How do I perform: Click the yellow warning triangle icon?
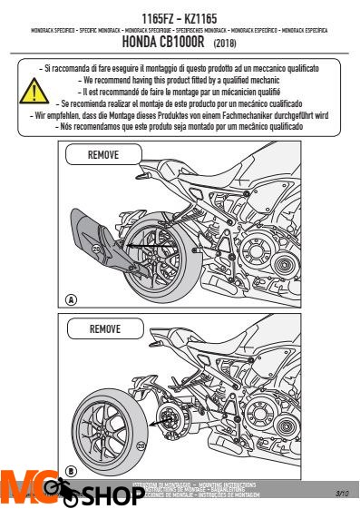coord(34,91)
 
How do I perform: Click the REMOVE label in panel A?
coord(102,156)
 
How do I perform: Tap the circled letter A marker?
coord(71,299)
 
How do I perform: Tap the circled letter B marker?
coord(71,472)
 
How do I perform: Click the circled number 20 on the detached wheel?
coord(141,445)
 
